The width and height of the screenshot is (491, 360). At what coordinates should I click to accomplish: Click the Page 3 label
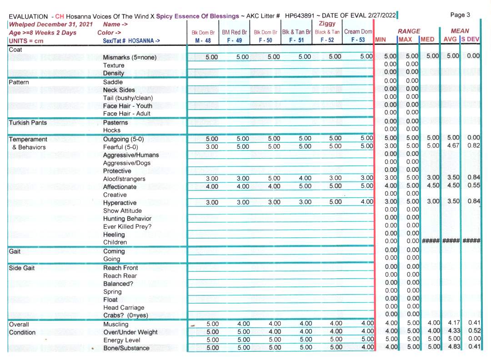[460, 15]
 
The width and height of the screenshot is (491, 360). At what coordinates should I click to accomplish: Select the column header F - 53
[358, 40]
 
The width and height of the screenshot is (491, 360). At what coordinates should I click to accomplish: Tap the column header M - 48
[203, 40]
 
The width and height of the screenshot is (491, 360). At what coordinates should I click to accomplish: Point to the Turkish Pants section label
[28, 123]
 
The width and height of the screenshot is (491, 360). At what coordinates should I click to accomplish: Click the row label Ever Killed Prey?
[127, 226]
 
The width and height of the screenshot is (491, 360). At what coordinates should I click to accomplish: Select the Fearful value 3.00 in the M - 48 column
[212, 147]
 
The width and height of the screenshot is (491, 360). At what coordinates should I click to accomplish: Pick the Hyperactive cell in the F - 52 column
[335, 202]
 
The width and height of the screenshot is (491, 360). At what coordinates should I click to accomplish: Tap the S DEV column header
[471, 40]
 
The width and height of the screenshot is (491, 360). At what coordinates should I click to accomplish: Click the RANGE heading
[409, 31]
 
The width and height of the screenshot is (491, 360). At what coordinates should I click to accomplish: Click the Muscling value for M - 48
[212, 324]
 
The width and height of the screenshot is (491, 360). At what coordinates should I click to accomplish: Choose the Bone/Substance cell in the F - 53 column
[366, 348]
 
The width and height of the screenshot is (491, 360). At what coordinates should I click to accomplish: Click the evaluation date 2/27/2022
[379, 16]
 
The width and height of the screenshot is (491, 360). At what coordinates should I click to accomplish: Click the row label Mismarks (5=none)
[130, 57]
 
